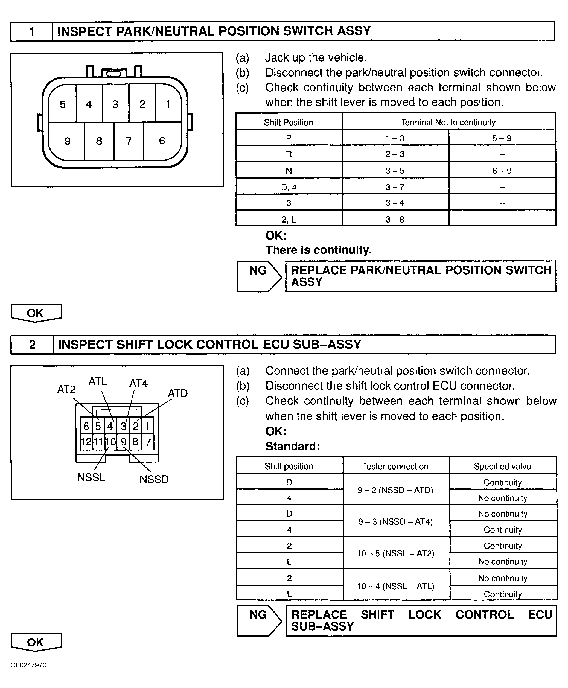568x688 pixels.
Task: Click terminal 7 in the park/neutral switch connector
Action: pyautogui.click(x=129, y=141)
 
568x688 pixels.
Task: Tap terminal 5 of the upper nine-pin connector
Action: pyautogui.click(x=63, y=104)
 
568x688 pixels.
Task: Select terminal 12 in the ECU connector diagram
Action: pyautogui.click(x=86, y=442)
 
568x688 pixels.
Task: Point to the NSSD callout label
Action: pyautogui.click(x=154, y=479)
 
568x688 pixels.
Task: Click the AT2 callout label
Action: pyautogui.click(x=66, y=389)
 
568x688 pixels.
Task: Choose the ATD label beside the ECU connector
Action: pyautogui.click(x=178, y=393)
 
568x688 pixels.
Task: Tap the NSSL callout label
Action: pyautogui.click(x=91, y=477)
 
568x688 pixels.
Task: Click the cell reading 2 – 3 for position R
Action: pyautogui.click(x=395, y=154)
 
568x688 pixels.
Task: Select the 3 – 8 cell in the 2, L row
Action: pyautogui.click(x=395, y=219)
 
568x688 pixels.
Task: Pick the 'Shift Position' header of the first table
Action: pyautogui.click(x=288, y=122)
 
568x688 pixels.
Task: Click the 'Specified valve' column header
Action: pyautogui.click(x=502, y=466)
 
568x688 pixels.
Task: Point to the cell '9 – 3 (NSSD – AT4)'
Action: pyautogui.click(x=395, y=521)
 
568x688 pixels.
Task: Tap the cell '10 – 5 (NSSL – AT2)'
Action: pyautogui.click(x=395, y=553)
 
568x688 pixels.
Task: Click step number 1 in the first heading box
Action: pyautogui.click(x=32, y=32)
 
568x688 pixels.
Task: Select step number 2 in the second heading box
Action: pyautogui.click(x=32, y=345)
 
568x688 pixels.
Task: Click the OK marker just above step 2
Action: pyautogui.click(x=36, y=313)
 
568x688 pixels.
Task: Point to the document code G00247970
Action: pyautogui.click(x=28, y=665)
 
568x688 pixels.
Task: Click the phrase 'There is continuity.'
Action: pyautogui.click(x=318, y=250)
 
